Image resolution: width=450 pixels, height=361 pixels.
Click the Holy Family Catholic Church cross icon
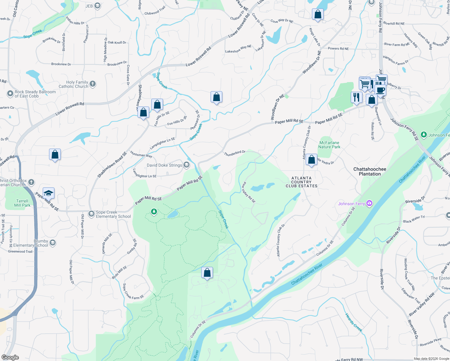93,84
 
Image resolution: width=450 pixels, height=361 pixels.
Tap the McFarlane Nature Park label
329,145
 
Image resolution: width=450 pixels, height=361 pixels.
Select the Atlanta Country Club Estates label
301,182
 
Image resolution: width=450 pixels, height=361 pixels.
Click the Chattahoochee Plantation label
370,171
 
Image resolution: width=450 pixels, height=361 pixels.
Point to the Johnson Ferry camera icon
369,204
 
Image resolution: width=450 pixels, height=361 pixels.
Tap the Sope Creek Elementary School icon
91,214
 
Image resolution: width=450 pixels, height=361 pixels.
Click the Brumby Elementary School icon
53,243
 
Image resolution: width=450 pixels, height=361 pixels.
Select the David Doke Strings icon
186,165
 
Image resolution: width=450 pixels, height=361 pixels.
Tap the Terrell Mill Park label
22,203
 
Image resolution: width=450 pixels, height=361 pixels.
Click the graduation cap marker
48,193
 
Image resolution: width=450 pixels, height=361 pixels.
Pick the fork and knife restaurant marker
356,97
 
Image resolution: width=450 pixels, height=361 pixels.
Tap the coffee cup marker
380,90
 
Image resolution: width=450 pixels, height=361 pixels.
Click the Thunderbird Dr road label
235,153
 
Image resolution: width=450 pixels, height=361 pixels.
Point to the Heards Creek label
353,322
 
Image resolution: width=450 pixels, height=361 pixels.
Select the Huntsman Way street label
141,155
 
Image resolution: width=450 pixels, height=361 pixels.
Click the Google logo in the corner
10,357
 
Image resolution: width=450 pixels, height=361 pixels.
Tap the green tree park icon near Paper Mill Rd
154,212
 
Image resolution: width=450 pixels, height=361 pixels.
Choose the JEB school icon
97,6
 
